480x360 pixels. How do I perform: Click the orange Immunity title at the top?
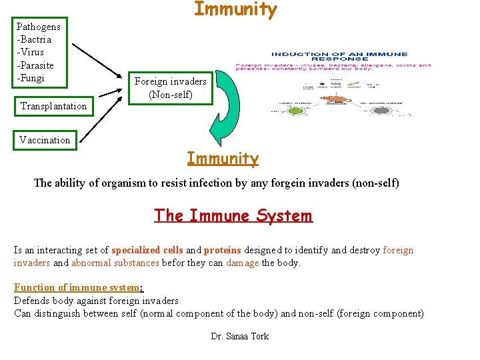235,10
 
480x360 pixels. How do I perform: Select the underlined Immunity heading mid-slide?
223,159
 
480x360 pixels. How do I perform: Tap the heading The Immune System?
233,216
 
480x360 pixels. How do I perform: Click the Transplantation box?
53,106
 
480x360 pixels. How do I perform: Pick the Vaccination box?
45,140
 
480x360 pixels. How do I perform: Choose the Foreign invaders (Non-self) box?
171,88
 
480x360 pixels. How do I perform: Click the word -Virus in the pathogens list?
31,52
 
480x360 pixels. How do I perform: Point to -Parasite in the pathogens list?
35,65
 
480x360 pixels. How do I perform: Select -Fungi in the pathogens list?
31,78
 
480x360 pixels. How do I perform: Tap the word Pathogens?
38,27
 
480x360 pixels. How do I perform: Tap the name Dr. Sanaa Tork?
239,336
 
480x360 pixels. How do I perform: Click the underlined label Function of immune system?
78,287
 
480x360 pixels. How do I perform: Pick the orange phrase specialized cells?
147,251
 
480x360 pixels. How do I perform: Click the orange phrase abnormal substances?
115,263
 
